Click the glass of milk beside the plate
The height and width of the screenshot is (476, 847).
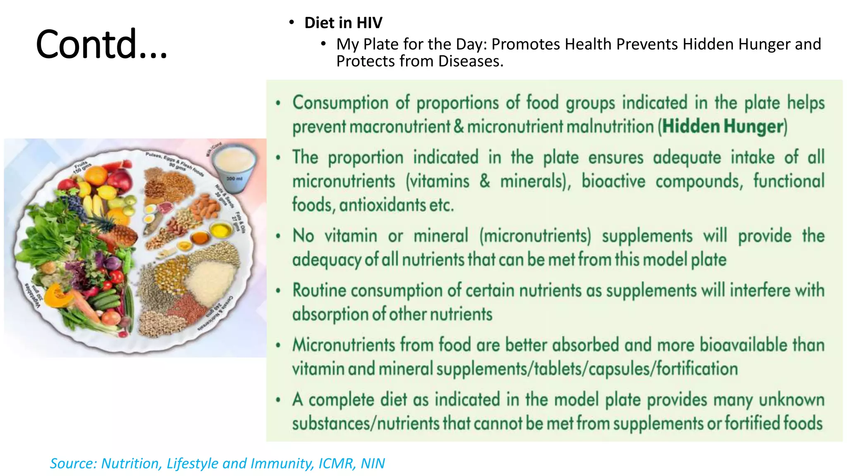[234, 165]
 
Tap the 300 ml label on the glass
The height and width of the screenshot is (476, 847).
[234, 178]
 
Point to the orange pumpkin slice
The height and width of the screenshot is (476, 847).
[58, 295]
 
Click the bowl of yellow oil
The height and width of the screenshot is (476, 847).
[221, 230]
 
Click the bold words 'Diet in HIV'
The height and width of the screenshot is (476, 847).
[343, 23]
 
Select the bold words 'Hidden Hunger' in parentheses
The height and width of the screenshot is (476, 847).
[723, 126]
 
